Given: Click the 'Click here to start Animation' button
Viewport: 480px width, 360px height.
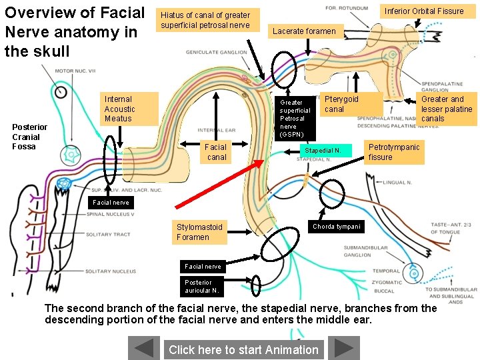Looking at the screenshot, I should (x=243, y=349).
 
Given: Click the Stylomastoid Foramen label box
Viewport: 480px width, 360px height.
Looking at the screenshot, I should (x=199, y=231).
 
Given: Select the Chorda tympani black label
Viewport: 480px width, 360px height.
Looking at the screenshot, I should (x=337, y=227).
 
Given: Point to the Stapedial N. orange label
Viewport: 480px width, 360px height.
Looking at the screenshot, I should (x=323, y=151).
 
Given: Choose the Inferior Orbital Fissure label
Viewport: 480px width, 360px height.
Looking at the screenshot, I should (x=424, y=11).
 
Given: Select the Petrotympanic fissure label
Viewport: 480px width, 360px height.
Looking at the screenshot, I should (x=394, y=152).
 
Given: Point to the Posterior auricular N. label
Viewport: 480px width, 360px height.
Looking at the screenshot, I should (x=202, y=286).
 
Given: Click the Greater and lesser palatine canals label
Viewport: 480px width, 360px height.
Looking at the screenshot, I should (x=447, y=109).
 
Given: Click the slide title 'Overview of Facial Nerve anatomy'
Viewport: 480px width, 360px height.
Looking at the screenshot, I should (x=74, y=31).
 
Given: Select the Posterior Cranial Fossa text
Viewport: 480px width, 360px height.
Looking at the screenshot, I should (x=30, y=137).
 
